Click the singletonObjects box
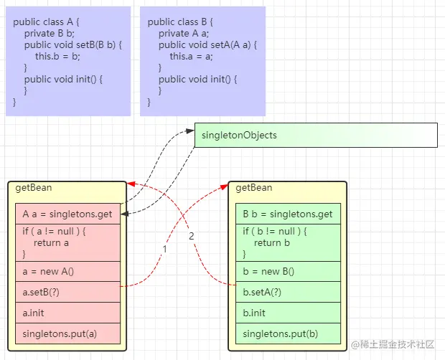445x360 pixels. coord(316,135)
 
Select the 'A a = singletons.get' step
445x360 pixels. coord(67,214)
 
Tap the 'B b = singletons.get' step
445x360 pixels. coord(288,214)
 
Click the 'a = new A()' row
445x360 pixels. coord(67,271)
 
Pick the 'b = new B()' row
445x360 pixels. coord(288,271)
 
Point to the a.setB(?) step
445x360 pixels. coord(67,292)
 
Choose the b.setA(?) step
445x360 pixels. coord(288,292)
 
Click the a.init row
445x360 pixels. coord(67,313)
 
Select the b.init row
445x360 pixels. coord(288,313)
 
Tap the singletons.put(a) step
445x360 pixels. coord(67,333)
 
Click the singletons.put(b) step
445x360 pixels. coord(288,333)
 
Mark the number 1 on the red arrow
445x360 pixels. coord(164,249)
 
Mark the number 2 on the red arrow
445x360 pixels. coord(192,237)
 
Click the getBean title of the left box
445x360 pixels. coord(33,188)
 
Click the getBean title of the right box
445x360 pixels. coord(254,188)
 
